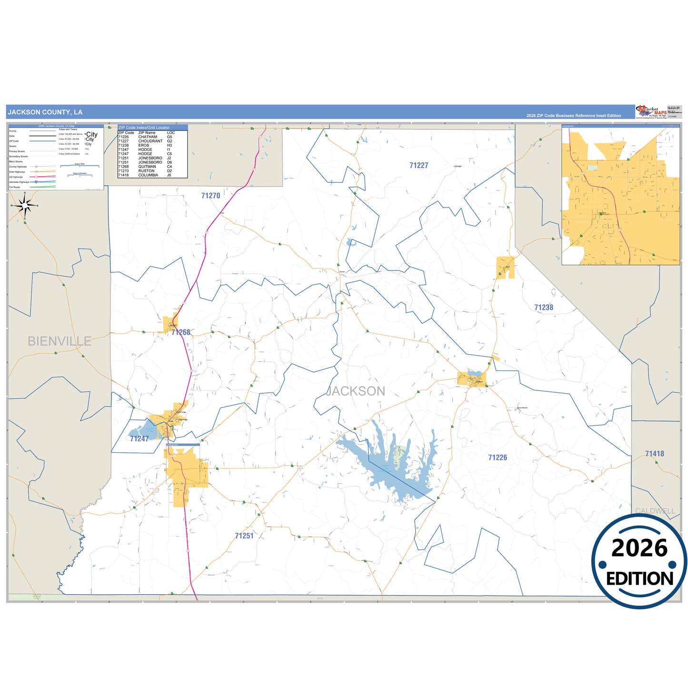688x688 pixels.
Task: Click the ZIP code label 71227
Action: tap(419, 166)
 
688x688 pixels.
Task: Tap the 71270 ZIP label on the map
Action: tap(210, 196)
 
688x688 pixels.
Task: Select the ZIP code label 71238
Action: tap(543, 308)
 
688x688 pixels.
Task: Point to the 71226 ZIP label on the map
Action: tap(497, 458)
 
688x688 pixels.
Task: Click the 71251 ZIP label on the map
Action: tap(244, 536)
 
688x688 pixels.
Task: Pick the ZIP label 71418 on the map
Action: tap(654, 454)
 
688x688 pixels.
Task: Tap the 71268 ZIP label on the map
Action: tap(181, 332)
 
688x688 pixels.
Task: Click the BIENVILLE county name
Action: tap(59, 341)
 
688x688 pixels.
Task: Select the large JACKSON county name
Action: tap(356, 391)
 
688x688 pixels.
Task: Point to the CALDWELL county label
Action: tap(655, 511)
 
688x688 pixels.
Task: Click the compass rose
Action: tap(25, 206)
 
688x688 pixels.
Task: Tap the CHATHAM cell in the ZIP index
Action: tap(148, 137)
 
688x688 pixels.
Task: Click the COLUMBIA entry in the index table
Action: tap(148, 175)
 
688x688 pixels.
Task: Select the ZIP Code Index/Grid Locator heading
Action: tap(143, 128)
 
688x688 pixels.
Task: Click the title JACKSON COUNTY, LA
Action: tap(45, 112)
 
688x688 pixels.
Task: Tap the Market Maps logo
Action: tap(651, 112)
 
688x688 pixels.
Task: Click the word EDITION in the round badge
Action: tap(639, 578)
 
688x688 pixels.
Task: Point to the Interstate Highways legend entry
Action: tap(19, 182)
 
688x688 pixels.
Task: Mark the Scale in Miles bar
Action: tap(80, 166)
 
